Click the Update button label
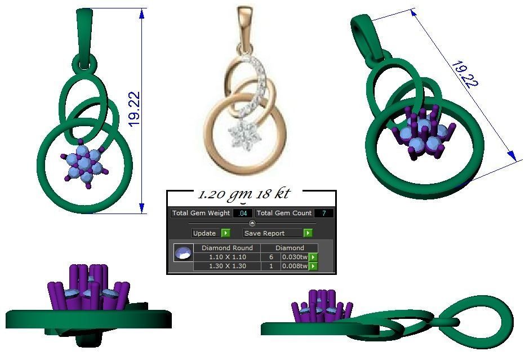(x=204, y=233)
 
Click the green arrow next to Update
(x=225, y=233)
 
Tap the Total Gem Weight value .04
(x=243, y=214)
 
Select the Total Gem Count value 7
(x=324, y=214)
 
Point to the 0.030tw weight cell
(x=294, y=257)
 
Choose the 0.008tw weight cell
(x=294, y=266)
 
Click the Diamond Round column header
(x=228, y=248)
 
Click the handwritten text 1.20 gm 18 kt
(x=243, y=194)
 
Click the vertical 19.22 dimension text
(x=134, y=109)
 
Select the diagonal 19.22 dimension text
(x=464, y=73)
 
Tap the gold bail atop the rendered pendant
(x=245, y=25)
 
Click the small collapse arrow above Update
(x=252, y=224)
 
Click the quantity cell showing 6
(x=271, y=257)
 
